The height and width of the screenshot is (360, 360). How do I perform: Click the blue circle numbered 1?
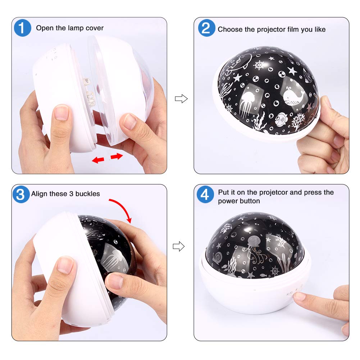23,28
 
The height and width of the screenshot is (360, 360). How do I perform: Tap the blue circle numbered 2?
207,28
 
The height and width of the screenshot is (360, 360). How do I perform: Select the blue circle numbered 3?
21,194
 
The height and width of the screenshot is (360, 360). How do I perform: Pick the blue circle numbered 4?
205,194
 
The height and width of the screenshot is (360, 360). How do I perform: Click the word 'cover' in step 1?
94,28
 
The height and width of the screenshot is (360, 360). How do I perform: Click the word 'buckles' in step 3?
87,194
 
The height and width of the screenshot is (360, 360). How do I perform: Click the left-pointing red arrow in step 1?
98,160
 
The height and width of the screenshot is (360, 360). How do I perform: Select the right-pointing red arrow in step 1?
117,156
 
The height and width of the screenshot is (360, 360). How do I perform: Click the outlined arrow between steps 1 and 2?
181,99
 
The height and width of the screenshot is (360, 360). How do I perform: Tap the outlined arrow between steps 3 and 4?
179,246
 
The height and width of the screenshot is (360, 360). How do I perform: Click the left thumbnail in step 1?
61,113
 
